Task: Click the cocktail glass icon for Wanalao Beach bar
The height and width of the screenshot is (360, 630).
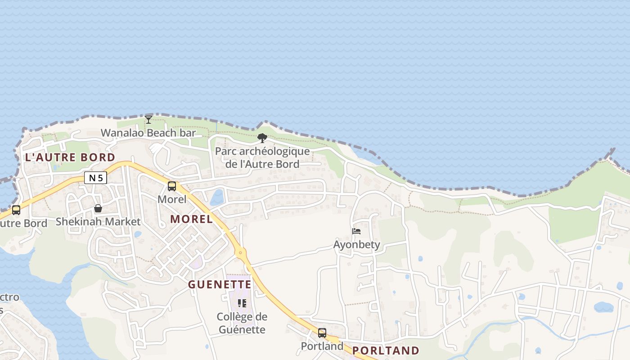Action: tap(148, 119)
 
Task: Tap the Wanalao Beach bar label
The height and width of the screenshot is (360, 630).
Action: tap(148, 133)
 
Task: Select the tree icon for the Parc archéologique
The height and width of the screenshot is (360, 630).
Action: tap(262, 138)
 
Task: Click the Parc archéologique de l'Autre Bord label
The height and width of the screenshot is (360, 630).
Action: tap(262, 157)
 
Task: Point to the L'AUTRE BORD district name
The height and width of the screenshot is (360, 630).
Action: tap(70, 157)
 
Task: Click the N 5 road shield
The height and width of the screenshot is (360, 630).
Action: tap(95, 178)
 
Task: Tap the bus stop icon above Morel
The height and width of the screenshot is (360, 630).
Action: tap(172, 186)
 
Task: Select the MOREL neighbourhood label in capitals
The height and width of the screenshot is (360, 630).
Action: tap(192, 219)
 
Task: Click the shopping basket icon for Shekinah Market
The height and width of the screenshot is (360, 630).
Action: tap(98, 208)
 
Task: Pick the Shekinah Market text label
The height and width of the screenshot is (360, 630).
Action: tap(98, 221)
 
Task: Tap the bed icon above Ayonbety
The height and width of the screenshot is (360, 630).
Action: tap(356, 231)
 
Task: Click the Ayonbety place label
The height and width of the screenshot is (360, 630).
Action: tap(356, 244)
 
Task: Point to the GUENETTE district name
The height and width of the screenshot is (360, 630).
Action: tap(220, 284)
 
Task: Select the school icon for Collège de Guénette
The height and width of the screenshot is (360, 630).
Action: tap(242, 303)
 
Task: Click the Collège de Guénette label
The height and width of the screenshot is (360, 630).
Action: tap(242, 323)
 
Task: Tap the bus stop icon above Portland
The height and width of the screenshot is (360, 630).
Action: tap(322, 333)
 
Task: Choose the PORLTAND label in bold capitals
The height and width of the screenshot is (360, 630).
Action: tap(386, 351)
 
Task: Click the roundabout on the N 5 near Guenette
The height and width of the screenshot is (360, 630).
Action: tap(241, 252)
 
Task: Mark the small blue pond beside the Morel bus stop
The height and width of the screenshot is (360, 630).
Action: tap(217, 198)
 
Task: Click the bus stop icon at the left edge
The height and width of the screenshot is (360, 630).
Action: tap(16, 210)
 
